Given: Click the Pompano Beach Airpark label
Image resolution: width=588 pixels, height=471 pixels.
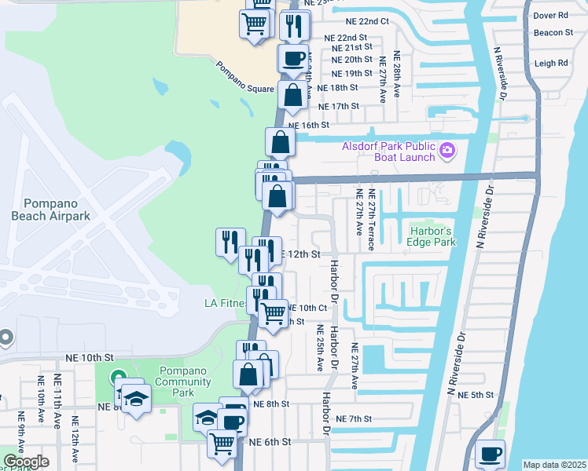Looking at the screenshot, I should tap(51, 209).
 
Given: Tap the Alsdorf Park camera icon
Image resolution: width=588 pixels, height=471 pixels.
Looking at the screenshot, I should tap(447, 148).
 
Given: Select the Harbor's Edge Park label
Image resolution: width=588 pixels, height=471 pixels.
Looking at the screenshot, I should tap(432, 236).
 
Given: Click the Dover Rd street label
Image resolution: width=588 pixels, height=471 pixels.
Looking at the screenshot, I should tap(550, 15).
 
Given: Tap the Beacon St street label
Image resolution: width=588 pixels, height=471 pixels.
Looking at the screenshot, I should tap(553, 32).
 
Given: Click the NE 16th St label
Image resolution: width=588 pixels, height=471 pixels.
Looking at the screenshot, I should tap(308, 125).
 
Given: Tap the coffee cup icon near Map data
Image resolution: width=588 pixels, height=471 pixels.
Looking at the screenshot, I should tap(491, 454).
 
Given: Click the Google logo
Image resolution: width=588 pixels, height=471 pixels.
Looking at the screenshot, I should tap(25, 462).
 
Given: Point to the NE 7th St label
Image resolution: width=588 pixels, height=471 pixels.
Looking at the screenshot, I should tap(352, 419).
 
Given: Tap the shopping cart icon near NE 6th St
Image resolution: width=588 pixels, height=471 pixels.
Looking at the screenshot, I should tap(222, 444).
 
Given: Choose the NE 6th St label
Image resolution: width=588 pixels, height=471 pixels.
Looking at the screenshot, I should tap(270, 442).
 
